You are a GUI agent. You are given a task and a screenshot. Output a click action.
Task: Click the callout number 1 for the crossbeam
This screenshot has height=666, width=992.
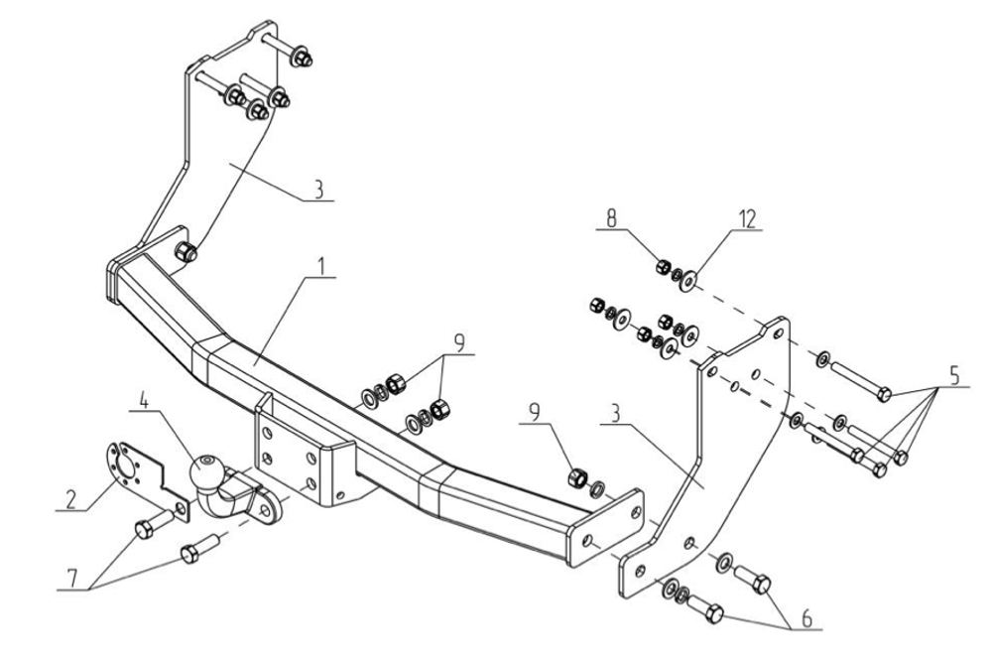click(x=322, y=266)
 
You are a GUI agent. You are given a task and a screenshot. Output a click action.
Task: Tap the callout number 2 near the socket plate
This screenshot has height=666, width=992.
click(x=70, y=499)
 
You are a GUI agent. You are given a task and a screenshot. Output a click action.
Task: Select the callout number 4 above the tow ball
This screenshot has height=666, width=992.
click(x=144, y=401)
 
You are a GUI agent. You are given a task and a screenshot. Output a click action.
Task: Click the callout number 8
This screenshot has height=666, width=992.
click(x=610, y=218)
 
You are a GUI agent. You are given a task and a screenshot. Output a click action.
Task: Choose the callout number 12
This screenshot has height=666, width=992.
click(x=747, y=219)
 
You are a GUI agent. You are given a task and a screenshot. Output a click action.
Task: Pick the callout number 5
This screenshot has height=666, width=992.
click(x=953, y=375)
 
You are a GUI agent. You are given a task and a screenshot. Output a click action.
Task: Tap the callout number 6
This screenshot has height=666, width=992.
click(x=806, y=618)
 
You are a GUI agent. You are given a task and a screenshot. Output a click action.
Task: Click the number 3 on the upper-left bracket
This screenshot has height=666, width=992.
click(x=319, y=190)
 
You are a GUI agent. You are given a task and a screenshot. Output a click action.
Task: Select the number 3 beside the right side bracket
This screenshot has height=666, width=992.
click(x=616, y=414)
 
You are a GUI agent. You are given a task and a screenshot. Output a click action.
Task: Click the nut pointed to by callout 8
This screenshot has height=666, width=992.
click(x=664, y=266)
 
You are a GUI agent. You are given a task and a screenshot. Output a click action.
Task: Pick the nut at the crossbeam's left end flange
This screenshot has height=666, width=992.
click(x=186, y=252)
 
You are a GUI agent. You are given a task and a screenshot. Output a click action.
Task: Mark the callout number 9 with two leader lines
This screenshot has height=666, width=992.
click(x=458, y=343)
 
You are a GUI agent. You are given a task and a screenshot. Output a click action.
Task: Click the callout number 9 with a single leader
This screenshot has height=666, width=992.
click(x=535, y=413)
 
